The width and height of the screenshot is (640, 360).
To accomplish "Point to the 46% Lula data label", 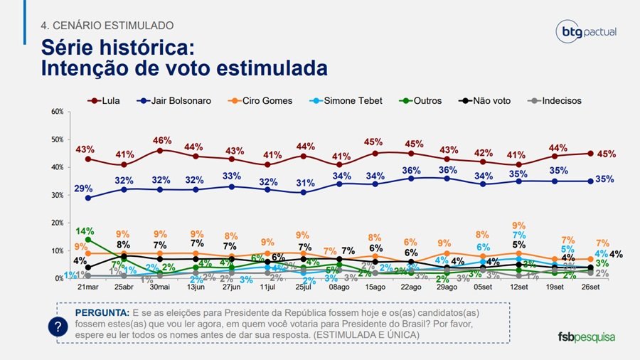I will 161,141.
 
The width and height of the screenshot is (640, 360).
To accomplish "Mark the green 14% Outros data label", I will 86,231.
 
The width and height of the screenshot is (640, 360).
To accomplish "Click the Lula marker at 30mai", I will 161,150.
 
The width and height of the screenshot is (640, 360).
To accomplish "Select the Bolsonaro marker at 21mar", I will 87,198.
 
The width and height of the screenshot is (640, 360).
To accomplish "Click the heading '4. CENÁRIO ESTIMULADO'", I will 107,26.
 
